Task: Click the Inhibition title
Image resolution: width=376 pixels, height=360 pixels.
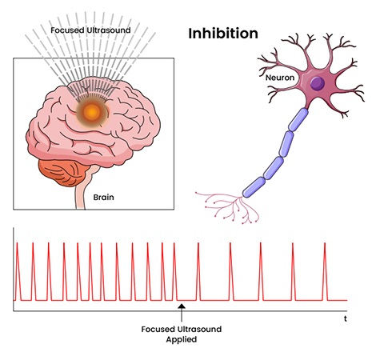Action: coord(223,34)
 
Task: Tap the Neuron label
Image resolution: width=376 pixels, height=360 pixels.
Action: coord(280,78)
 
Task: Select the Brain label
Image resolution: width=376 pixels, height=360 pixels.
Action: coord(103,198)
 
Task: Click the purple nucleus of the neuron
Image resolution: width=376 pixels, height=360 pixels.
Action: coord(318,83)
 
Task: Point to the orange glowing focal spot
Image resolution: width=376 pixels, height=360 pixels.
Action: coord(92,112)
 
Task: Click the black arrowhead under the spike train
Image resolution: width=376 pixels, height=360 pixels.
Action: coord(182,306)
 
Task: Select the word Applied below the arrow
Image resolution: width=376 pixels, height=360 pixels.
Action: coord(182,339)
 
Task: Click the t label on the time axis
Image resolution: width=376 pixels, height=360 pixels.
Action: coord(346,318)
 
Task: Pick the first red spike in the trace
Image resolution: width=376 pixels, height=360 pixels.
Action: coord(18,271)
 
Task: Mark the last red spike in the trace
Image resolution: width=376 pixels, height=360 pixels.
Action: coord(325,271)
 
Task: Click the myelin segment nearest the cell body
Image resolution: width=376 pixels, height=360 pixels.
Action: coord(298,119)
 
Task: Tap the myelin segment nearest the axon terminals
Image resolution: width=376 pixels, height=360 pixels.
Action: coord(254,187)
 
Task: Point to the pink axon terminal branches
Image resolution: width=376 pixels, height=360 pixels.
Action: coord(227,207)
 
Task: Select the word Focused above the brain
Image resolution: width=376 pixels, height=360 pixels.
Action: coord(67,30)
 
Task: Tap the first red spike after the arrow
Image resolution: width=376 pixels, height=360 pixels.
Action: coord(198,271)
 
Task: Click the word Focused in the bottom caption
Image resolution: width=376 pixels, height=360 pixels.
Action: coord(158,330)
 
